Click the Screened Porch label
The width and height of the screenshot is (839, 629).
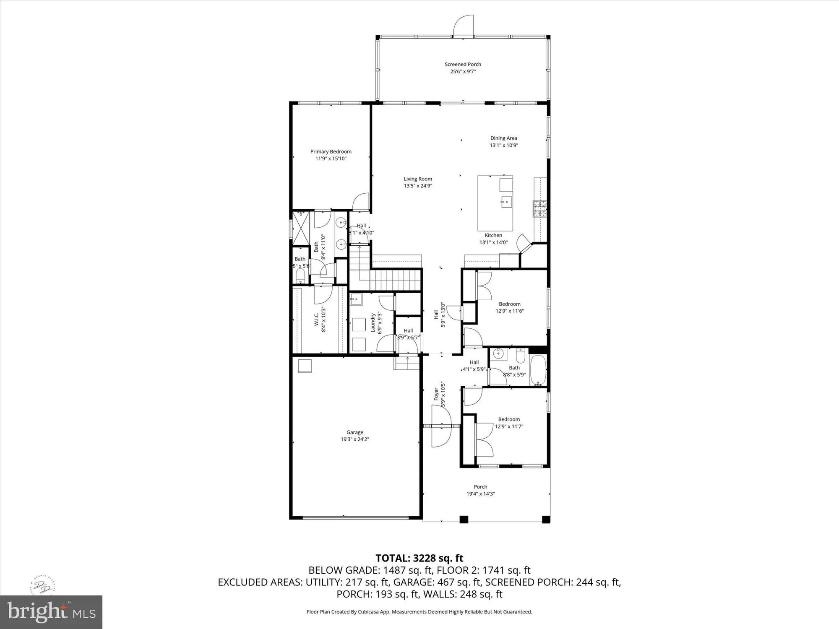pos(463,64)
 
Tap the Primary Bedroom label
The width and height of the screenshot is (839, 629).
pos(331,151)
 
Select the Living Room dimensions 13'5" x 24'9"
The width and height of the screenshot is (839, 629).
pos(418,186)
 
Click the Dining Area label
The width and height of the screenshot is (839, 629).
pos(503,138)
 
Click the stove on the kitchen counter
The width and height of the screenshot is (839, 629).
pos(540,208)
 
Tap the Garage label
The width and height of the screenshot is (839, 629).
pos(354,432)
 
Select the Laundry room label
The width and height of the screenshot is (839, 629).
pos(373,323)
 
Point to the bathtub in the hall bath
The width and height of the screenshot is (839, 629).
pos(538,370)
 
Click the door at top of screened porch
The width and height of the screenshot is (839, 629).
pos(464,26)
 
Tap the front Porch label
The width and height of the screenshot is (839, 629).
pos(480,487)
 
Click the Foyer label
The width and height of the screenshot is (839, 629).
pos(436,394)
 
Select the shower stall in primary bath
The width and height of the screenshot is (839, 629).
pos(301,228)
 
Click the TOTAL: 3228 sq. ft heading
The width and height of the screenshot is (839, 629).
pos(419,558)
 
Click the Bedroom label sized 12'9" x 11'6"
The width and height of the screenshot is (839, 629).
pos(509,304)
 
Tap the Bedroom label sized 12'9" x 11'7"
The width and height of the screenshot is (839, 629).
pos(509,419)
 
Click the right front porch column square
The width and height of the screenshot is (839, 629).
pos(546,520)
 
